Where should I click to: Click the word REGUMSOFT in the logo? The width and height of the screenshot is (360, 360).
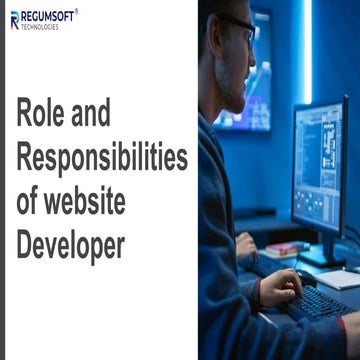pos(48,16)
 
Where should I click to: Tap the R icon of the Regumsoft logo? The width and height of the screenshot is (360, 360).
pos(14,20)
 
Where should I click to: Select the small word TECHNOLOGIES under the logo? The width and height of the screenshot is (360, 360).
pos(40,27)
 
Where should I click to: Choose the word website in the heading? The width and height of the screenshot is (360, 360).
pos(89,201)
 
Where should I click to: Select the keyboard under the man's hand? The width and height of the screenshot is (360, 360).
pos(316,299)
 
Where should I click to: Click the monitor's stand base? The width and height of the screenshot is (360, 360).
pos(325,258)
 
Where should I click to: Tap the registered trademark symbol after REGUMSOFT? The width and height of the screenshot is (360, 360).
pos(77,11)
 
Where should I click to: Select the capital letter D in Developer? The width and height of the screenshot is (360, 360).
pos(26,244)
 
